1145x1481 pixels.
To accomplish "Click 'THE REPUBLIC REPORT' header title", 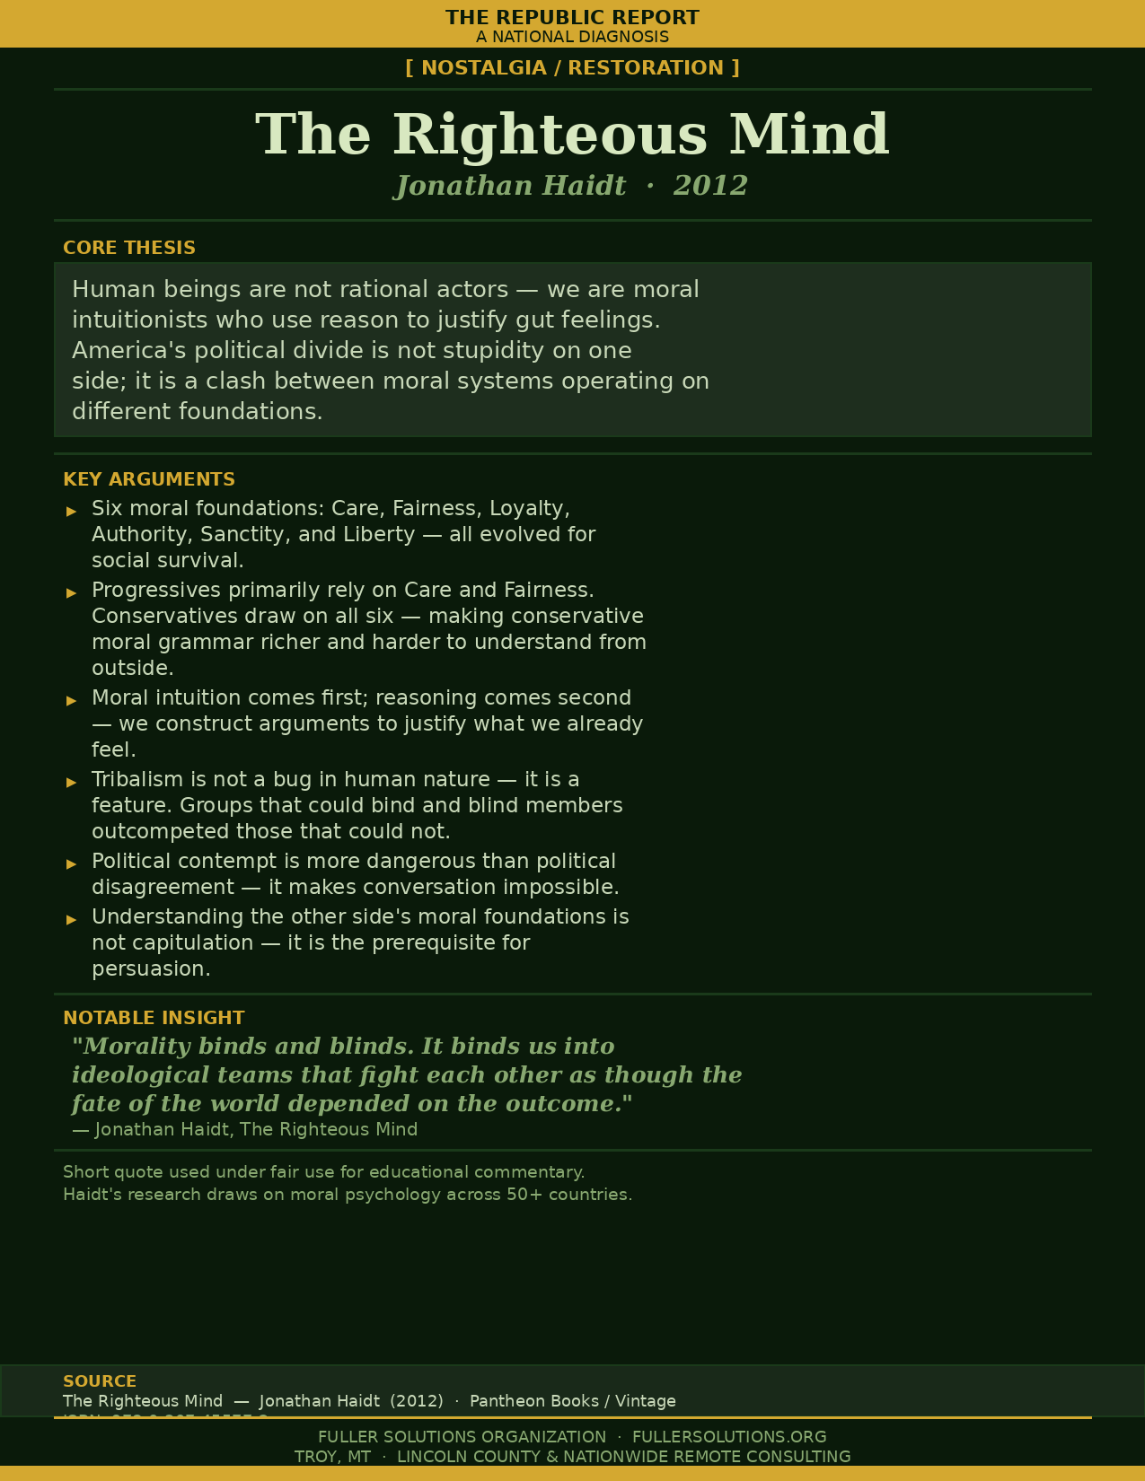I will click(572, 18).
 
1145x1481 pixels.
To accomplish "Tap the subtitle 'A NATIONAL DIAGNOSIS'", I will click(572, 37).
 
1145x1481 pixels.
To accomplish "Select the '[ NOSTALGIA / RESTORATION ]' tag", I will click(572, 68).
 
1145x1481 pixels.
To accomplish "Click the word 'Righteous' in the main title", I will click(550, 135).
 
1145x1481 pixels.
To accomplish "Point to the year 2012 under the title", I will click(710, 186).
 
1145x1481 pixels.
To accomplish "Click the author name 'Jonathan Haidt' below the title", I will click(511, 186).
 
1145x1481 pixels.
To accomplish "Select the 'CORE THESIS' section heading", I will click(129, 248).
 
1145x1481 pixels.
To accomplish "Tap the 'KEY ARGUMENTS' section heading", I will click(149, 479).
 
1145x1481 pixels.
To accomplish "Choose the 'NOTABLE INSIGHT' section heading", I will click(154, 1018).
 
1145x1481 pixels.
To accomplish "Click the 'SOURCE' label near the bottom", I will click(100, 1381).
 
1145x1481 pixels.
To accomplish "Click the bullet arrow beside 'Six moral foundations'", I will click(72, 511).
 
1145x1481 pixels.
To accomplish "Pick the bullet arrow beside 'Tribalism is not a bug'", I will click(72, 782).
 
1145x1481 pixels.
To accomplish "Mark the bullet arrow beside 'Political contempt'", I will click(72, 863).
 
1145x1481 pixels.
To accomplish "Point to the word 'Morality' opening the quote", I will click(137, 1047).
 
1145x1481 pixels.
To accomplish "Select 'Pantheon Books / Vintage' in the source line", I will click(573, 1401).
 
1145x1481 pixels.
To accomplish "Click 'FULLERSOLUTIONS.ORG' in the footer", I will click(729, 1437).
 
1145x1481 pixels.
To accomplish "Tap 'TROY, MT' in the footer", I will click(332, 1457).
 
